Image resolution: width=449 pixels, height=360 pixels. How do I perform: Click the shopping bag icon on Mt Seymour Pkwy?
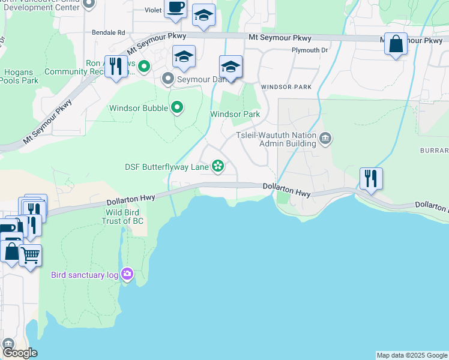pyautogui.click(x=396, y=44)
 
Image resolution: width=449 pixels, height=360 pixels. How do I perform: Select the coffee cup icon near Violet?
pyautogui.click(x=175, y=8)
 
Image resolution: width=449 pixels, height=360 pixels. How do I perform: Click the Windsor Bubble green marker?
pyautogui.click(x=176, y=108)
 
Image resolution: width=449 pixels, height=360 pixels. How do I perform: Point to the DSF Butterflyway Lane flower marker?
pyautogui.click(x=218, y=166)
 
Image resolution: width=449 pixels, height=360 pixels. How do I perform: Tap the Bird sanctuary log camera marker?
pyautogui.click(x=127, y=274)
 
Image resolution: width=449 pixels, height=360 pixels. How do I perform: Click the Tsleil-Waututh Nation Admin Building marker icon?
pyautogui.click(x=325, y=139)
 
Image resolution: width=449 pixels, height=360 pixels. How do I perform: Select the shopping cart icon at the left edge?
pyautogui.click(x=31, y=256)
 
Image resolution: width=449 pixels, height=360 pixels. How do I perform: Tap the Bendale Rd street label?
pyautogui.click(x=108, y=32)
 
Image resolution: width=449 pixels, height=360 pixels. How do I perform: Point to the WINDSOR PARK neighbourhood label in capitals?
pyautogui.click(x=286, y=87)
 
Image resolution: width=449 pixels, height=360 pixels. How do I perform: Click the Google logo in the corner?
pyautogui.click(x=19, y=353)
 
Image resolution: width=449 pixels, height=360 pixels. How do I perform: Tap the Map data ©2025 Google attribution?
pyautogui.click(x=412, y=355)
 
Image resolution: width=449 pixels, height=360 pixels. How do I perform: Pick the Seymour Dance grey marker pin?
pyautogui.click(x=168, y=79)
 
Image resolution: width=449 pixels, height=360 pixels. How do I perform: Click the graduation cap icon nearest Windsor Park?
pyautogui.click(x=231, y=67)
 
